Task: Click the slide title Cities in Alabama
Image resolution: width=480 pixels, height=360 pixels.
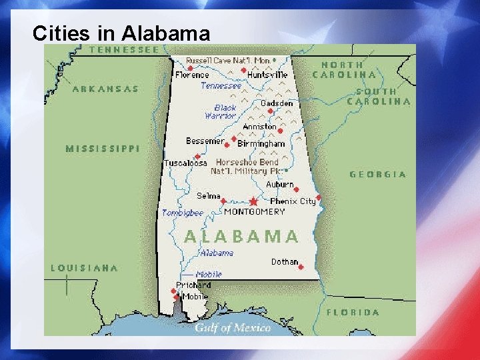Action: tap(121, 33)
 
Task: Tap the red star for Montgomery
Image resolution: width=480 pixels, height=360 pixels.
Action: tap(253, 201)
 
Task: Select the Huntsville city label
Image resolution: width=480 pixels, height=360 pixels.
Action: tap(267, 75)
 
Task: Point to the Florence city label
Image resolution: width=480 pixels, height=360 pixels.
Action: tap(192, 75)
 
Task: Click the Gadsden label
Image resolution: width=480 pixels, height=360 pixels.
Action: tap(277, 103)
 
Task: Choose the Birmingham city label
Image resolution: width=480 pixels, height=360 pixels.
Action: tap(261, 143)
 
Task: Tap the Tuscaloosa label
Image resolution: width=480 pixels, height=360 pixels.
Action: tap(185, 163)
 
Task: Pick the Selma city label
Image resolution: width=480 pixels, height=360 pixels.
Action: tap(208, 196)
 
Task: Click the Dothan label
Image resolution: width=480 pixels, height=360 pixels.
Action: tap(285, 262)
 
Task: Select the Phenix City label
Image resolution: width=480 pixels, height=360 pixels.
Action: tap(293, 201)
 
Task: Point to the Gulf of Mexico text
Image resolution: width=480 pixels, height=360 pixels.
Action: tap(233, 327)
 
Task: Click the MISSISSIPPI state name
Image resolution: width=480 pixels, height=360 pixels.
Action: tap(103, 149)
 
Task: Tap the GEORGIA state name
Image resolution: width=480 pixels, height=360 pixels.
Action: tap(378, 175)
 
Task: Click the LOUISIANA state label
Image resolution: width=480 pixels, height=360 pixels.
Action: tap(85, 268)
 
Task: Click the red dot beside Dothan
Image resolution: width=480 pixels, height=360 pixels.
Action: tap(301, 267)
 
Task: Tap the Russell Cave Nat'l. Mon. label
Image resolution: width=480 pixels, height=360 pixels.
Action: tap(228, 61)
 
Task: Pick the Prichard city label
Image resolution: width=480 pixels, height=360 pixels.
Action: tap(193, 285)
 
